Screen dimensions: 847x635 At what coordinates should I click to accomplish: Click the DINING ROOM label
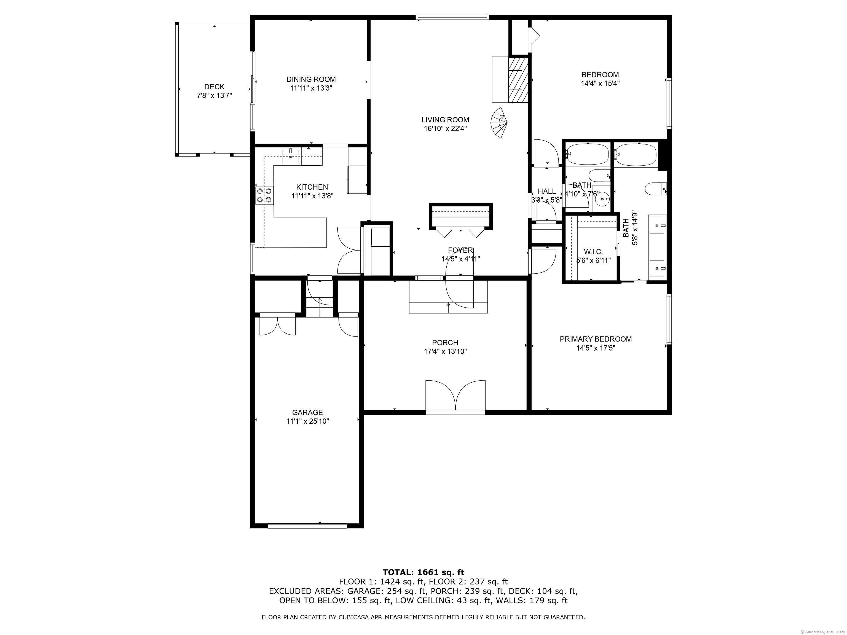coord(311,79)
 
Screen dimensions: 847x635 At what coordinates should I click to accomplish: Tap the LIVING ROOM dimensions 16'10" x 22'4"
coord(445,129)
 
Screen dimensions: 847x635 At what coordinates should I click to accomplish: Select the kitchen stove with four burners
coord(264,195)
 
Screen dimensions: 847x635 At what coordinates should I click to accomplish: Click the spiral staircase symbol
coord(499,123)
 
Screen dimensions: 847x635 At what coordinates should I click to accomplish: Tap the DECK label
coord(215,87)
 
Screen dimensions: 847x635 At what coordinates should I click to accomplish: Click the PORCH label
coord(445,343)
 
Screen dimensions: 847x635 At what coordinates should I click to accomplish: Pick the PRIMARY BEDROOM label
coord(596,339)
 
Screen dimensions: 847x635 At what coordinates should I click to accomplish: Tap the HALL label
coord(547,191)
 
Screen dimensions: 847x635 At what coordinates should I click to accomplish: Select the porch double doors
coord(455,396)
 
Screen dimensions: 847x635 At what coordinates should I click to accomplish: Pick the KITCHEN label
coord(312,187)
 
